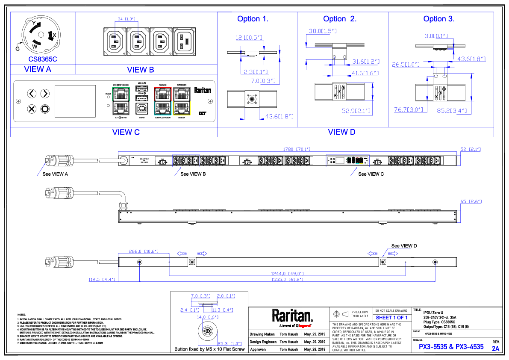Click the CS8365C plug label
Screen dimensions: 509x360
[x=43, y=59]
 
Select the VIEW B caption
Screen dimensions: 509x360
[x=141, y=70]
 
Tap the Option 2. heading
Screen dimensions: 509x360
[x=340, y=19]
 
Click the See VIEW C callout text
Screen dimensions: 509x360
[x=371, y=174]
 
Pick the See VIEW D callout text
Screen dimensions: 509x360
[x=404, y=246]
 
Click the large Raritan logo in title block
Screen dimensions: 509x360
[x=293, y=316]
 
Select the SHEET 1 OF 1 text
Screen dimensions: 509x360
[x=391, y=318]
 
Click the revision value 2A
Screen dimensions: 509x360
[x=495, y=348]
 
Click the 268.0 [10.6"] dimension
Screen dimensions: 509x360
[x=144, y=251]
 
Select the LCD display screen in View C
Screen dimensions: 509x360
[x=75, y=101]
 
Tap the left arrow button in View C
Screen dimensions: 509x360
[x=31, y=94]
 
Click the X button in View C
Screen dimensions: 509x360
[x=31, y=109]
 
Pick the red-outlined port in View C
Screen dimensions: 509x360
[x=163, y=93]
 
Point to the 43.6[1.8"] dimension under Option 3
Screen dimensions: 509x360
[x=472, y=59]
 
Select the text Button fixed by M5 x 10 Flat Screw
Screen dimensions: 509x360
[x=209, y=349]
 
